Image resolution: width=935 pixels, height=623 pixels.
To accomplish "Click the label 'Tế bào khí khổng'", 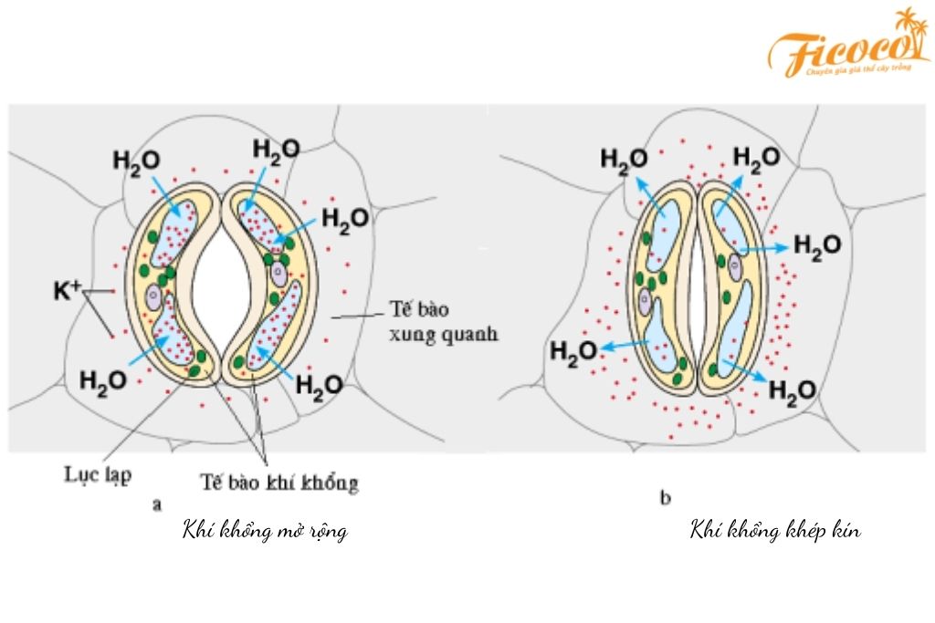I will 278,483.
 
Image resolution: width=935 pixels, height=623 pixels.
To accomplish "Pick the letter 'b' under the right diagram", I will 665,498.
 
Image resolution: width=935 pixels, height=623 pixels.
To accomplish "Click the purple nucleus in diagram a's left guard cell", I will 154,297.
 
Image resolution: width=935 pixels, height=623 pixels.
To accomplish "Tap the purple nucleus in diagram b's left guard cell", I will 647,298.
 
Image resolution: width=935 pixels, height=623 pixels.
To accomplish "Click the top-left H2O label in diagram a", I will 136,160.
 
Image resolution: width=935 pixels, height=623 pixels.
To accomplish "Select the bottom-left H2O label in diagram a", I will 103,380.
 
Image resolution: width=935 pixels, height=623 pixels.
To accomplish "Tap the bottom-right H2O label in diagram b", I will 792,390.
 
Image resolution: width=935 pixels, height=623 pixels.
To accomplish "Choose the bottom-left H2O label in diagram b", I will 573,354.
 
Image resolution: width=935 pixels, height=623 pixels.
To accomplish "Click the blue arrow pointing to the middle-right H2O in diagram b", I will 764,247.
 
